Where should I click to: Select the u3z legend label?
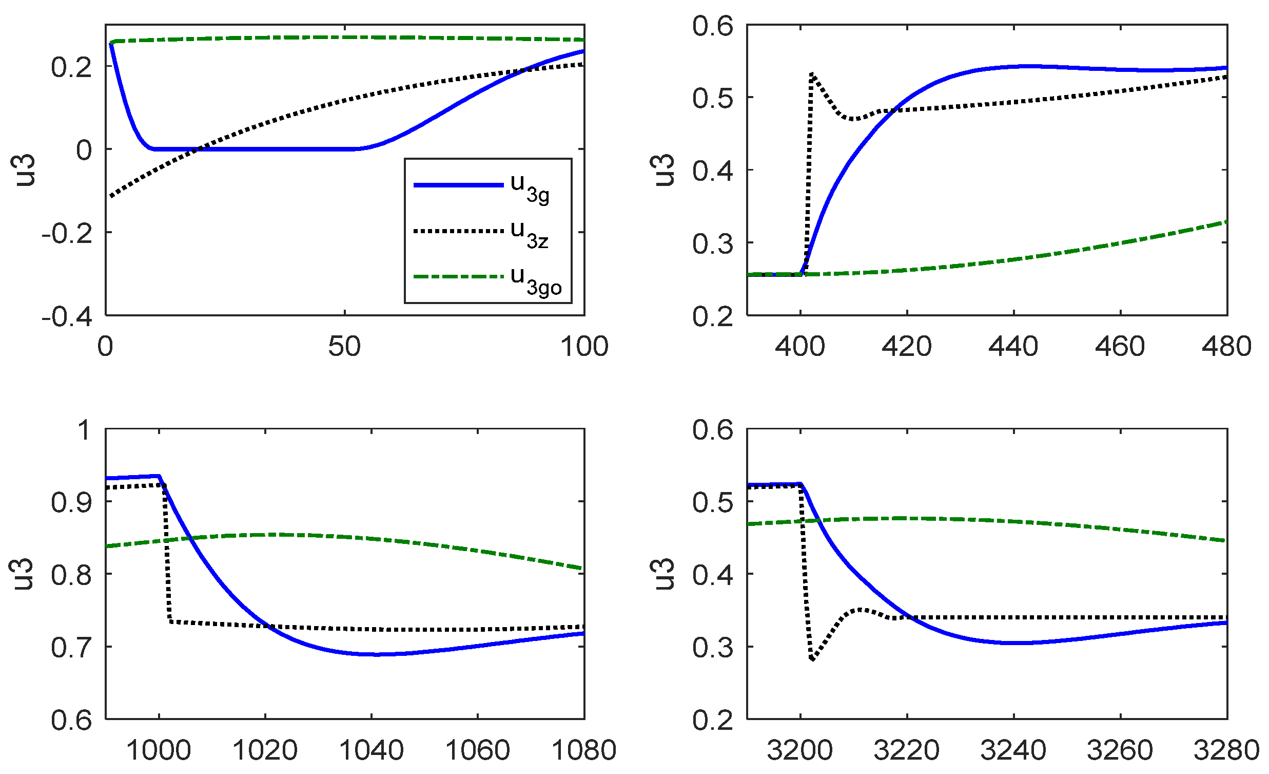530,235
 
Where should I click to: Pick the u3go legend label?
536,281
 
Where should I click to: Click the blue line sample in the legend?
458,185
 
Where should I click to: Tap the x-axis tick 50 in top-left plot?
344,346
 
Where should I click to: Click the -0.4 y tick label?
67,316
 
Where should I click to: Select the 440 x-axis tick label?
1013,346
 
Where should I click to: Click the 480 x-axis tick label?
1227,346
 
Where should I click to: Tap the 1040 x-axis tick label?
372,750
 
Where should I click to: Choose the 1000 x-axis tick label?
159,750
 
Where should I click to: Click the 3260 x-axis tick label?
1120,750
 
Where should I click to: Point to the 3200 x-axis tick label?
800,750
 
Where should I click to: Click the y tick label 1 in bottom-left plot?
84,430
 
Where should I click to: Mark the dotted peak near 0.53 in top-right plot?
812,73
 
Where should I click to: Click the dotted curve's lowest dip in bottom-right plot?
812,659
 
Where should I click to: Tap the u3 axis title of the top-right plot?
664,169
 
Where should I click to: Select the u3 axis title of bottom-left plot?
23,574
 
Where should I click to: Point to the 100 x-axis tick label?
584,346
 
